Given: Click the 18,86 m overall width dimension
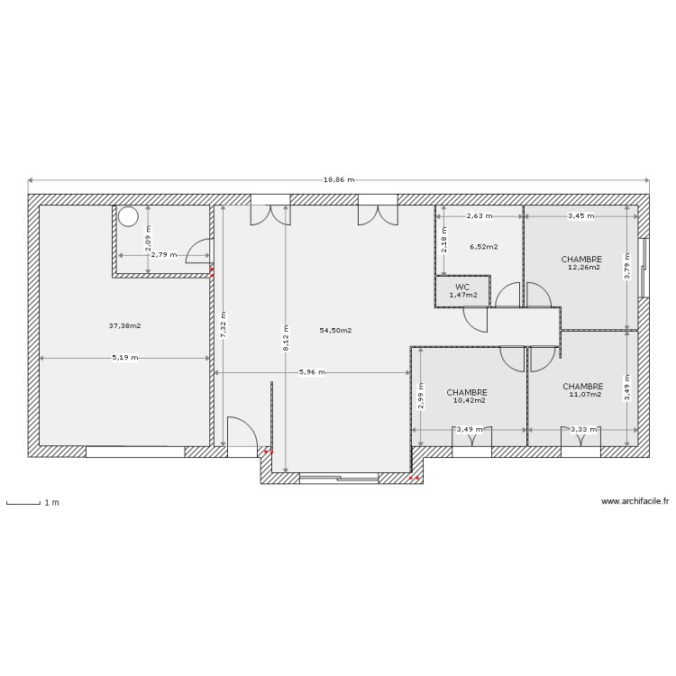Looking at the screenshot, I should coord(338,179).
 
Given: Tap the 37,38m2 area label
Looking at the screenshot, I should coord(125,325).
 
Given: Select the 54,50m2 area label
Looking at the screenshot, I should coord(335,331).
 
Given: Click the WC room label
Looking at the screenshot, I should coord(461,288).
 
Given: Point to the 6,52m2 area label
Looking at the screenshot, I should coord(483,246).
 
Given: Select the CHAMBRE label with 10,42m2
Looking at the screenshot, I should coord(467,393).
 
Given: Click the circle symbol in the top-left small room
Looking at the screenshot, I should coord(129,216).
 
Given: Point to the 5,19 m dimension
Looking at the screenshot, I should coord(125,358).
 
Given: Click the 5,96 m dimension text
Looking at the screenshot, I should coord(312,372).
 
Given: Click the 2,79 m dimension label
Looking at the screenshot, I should coord(164,255).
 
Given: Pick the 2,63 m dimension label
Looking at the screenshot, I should coord(480,216).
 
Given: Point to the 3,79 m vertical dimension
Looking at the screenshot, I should coord(628,267).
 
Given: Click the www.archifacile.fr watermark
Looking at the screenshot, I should coord(635,502).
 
